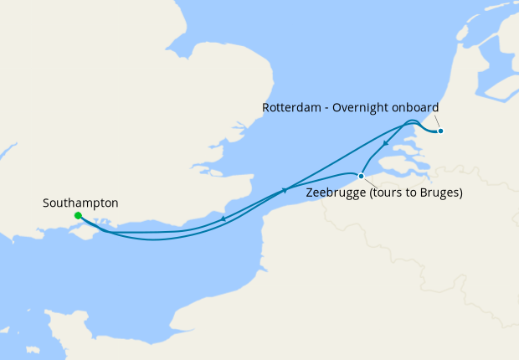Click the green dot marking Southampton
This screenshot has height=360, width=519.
click(x=78, y=215)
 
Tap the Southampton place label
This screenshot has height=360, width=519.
click(x=80, y=203)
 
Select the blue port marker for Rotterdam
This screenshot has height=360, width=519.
click(x=440, y=131)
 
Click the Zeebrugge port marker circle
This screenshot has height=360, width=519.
click(x=361, y=176)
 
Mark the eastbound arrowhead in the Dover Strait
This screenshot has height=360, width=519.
click(x=285, y=191)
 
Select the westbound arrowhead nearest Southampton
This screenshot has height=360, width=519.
click(x=224, y=219)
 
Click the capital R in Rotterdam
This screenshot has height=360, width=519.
click(x=266, y=108)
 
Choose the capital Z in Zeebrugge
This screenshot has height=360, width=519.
click(x=310, y=193)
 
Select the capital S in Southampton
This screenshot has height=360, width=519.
click(x=45, y=203)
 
